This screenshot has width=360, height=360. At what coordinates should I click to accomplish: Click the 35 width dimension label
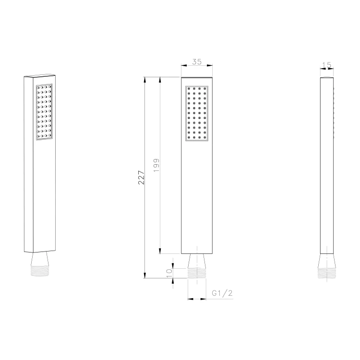pos(197,61)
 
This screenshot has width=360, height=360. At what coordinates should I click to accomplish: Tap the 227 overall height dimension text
pos(141,178)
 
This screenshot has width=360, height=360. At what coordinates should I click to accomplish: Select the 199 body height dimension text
pos(156,165)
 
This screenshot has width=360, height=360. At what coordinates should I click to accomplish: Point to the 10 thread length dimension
pos(169,273)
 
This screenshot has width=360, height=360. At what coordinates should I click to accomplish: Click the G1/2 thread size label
pos(222,293)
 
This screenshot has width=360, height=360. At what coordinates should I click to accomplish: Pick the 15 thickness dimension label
pos(326,65)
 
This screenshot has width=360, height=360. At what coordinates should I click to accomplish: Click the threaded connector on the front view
pos(197,273)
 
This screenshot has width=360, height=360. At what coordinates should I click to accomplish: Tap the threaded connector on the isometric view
pos(39,271)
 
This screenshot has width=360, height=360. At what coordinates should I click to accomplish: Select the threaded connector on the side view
pos(327,273)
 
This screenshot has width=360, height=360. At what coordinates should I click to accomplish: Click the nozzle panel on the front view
pos(197,113)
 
